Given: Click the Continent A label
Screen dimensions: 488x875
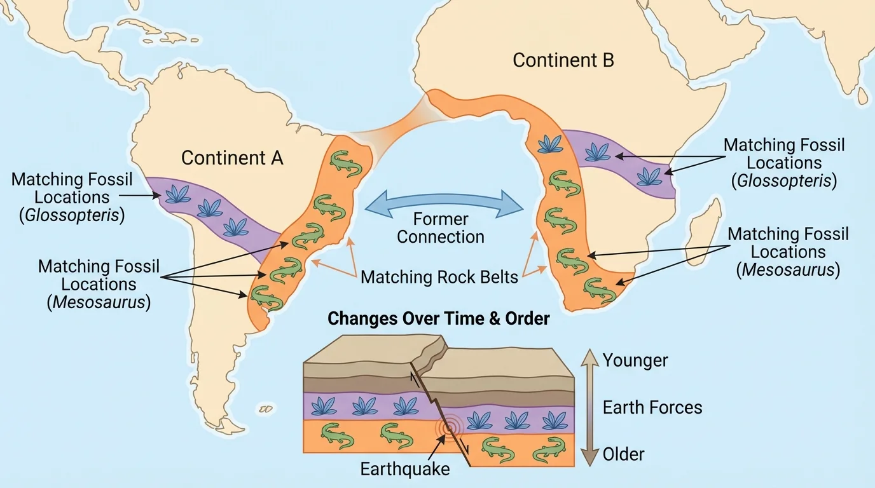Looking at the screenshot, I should (232, 158).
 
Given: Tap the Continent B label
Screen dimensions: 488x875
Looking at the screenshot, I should (563, 60).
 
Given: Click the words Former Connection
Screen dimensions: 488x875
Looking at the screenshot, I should (441, 228).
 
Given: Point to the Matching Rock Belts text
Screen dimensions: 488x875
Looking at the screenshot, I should (439, 277).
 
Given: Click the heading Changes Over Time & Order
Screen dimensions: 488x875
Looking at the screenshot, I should (438, 318).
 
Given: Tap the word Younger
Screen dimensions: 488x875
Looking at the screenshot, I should (635, 360).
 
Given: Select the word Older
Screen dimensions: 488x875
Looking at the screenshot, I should (623, 454).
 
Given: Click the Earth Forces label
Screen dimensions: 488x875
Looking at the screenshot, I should (652, 407).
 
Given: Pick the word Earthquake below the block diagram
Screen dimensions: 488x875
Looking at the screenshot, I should (405, 470).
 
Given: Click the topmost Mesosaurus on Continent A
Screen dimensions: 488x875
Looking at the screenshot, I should (346, 164).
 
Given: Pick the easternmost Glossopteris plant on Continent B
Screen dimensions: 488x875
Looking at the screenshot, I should (649, 176).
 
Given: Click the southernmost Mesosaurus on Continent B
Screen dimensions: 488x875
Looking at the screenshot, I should (600, 290).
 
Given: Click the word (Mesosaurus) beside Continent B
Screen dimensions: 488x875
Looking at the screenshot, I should (788, 269).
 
